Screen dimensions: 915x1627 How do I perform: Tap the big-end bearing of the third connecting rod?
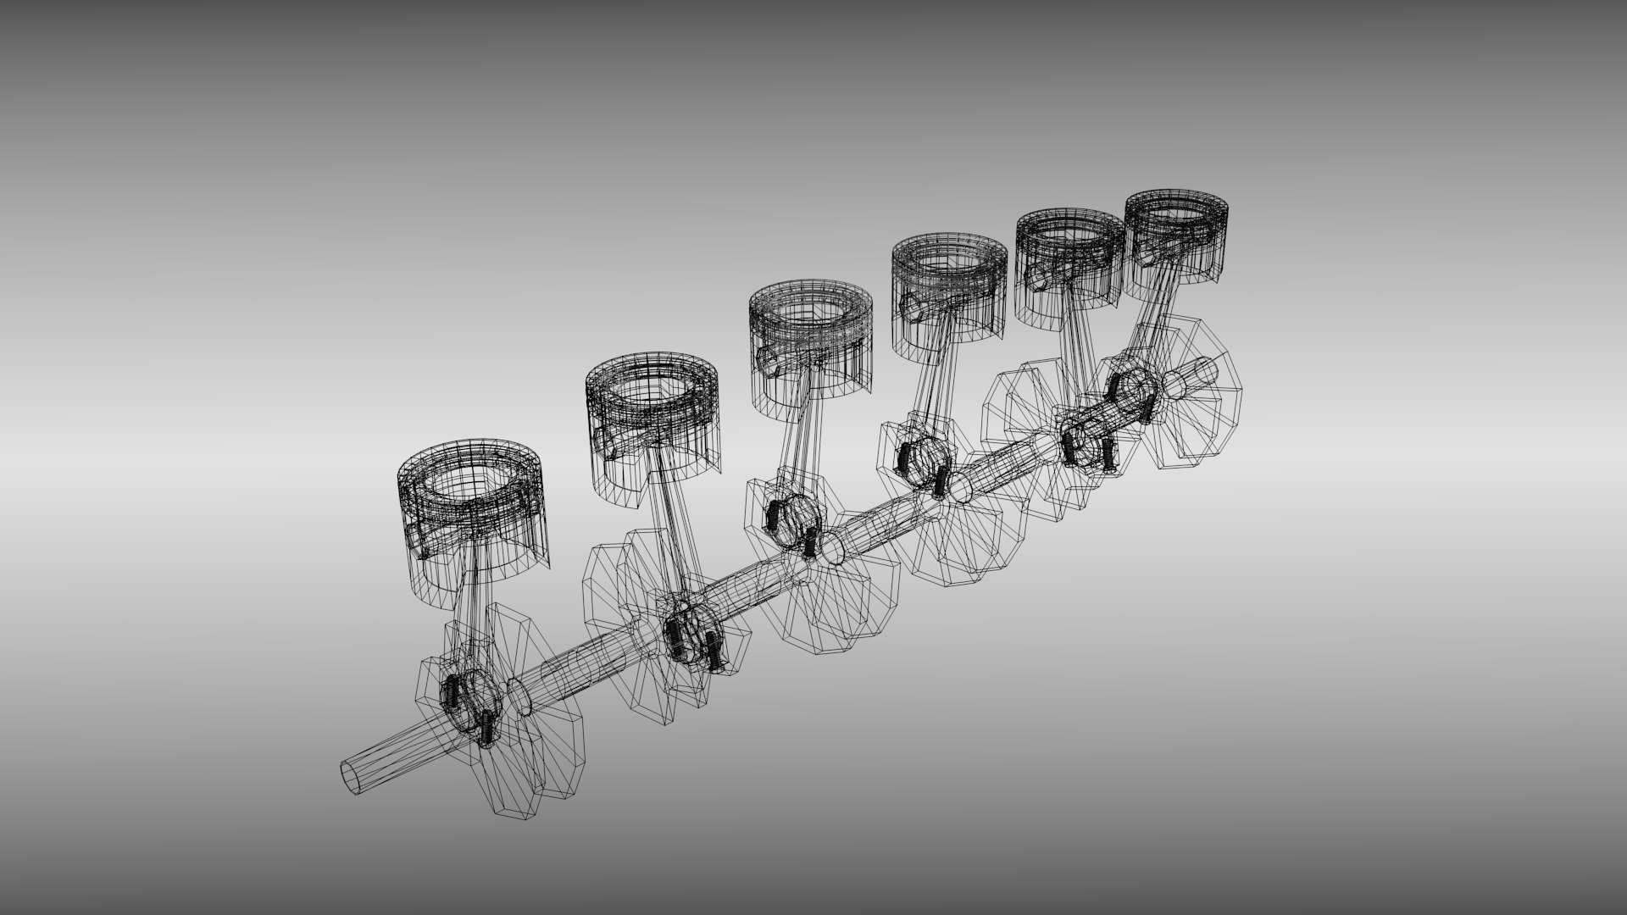(x=792, y=518)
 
